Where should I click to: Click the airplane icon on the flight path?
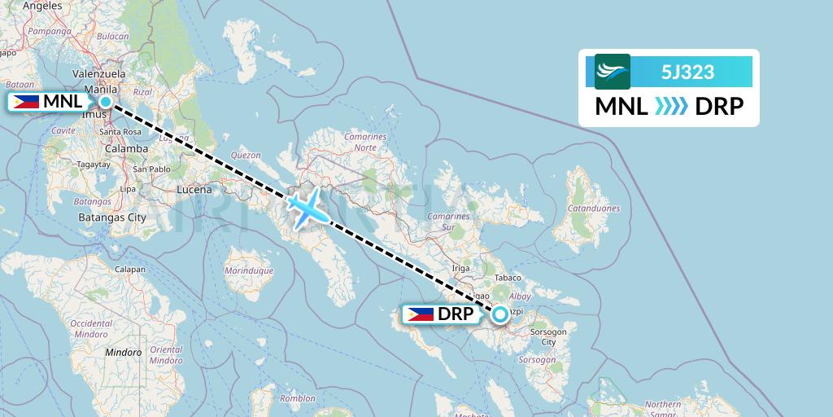[308, 208]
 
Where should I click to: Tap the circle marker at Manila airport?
[106, 102]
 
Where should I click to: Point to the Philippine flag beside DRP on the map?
[421, 314]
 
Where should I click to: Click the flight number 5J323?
[688, 72]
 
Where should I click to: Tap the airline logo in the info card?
[613, 72]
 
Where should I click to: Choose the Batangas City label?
[112, 217]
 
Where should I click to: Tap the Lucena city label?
[194, 190]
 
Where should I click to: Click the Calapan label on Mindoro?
[130, 270]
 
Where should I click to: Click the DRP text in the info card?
[719, 106]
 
